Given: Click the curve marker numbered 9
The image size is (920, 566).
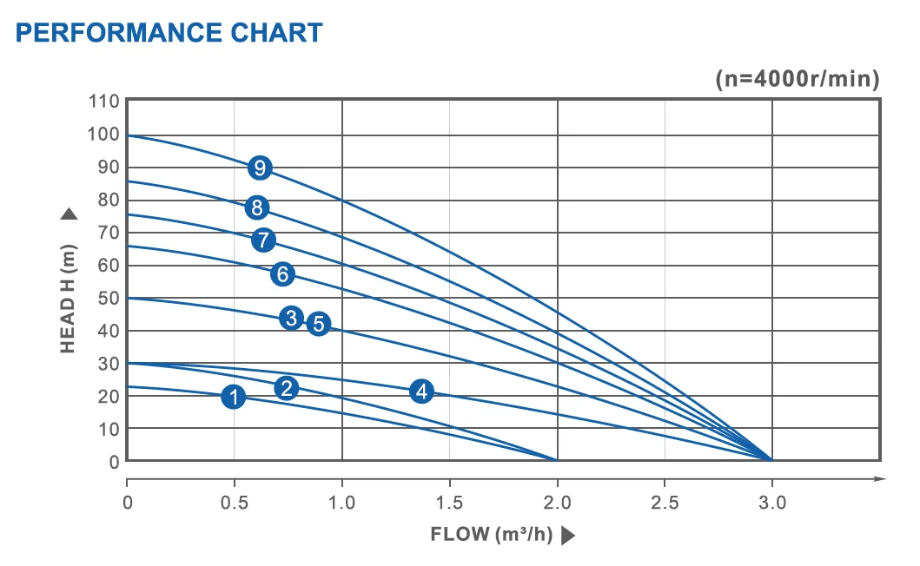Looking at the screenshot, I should (x=260, y=168).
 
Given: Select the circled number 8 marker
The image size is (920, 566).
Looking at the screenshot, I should (x=255, y=207).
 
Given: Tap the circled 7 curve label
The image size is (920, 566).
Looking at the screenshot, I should (x=264, y=240).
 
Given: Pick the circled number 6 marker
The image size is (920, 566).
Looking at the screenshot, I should (x=282, y=274).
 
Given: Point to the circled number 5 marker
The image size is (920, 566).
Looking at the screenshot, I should (x=319, y=324).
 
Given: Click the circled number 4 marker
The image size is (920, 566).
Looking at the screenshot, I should (x=421, y=391).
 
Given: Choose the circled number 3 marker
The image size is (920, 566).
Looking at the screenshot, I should (x=292, y=317).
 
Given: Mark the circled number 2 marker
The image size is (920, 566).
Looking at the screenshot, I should (x=287, y=388).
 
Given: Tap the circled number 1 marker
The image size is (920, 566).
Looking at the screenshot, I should (x=233, y=397).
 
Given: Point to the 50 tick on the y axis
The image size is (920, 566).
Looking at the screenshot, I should (x=109, y=298).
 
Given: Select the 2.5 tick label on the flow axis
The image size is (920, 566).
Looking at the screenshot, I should (x=665, y=503).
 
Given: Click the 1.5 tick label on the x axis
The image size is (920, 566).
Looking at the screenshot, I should (x=449, y=503).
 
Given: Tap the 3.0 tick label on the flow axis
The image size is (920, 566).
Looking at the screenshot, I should (x=772, y=503).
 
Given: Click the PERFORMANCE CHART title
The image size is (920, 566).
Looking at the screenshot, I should (x=169, y=33).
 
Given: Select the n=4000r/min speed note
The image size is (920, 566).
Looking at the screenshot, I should (x=798, y=79).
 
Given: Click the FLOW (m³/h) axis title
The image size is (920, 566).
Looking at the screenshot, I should (x=492, y=534).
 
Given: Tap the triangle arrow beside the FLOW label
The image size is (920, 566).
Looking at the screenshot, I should (x=568, y=535).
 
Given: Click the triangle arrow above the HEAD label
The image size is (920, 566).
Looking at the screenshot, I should (x=69, y=214).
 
